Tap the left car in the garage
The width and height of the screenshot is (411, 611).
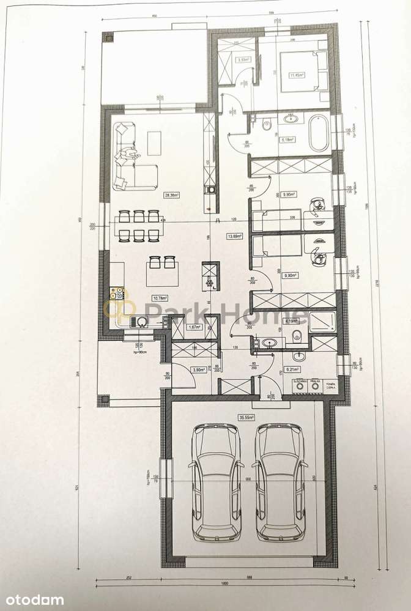(215, 483)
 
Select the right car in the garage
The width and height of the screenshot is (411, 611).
(280, 483)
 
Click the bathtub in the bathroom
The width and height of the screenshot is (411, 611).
(319, 132)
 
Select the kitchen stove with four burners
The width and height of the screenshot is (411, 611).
(116, 295)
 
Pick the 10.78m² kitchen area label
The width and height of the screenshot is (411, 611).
(160, 298)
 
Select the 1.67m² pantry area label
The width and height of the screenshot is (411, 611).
(194, 327)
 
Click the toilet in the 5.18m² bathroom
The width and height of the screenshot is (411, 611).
(267, 125)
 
